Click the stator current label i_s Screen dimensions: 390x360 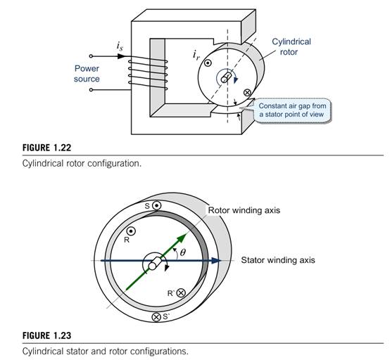coord(120,46)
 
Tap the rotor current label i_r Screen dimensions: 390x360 coord(196,55)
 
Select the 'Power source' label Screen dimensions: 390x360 coord(87,74)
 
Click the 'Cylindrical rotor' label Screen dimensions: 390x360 coord(291,46)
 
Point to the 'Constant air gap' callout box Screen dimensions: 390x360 coord(293,110)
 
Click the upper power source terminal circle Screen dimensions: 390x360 coord(91,56)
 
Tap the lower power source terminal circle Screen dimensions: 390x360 coord(91,90)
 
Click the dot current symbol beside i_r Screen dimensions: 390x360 coord(208,63)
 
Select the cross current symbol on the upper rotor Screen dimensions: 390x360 coord(246,93)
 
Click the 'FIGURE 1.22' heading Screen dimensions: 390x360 coord(46,148)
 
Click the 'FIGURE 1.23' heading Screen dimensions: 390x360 coord(46,335)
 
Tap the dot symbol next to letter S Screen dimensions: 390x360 coord(157,206)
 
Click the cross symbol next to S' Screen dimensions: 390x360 coord(156,317)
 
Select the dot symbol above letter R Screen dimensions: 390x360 coord(131,231)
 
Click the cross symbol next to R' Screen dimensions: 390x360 coord(181,293)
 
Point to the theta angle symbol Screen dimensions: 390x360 coord(183,252)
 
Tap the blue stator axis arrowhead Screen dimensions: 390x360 coord(216,261)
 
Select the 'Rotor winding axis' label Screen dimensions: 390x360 coord(244,210)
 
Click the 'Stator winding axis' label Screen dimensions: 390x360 coord(278,260)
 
